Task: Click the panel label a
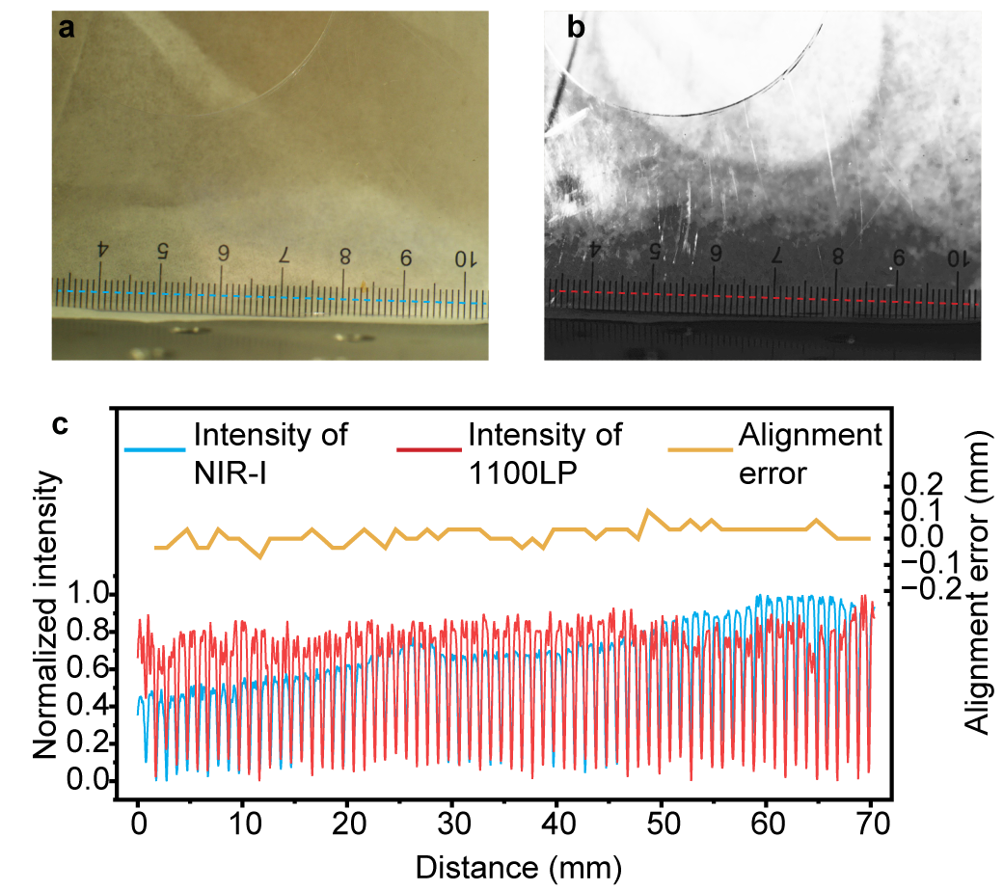(67, 28)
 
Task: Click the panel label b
(576, 28)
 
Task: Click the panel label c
(61, 423)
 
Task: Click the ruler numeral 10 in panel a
(465, 258)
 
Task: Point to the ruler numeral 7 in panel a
(284, 255)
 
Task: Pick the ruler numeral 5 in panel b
(655, 251)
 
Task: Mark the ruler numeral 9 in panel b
(899, 257)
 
